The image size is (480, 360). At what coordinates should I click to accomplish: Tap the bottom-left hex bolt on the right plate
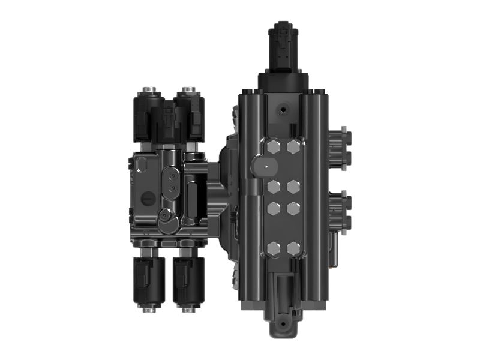[274, 247]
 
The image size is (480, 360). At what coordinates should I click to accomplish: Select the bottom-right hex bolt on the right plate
[293, 247]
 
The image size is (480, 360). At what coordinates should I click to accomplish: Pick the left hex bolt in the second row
[274, 187]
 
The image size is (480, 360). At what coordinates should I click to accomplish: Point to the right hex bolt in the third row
[293, 208]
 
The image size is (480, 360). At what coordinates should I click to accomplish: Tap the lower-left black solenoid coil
[147, 280]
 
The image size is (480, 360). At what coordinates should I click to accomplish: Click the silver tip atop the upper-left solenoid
[149, 91]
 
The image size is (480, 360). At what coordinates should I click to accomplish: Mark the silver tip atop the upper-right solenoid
[190, 91]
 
